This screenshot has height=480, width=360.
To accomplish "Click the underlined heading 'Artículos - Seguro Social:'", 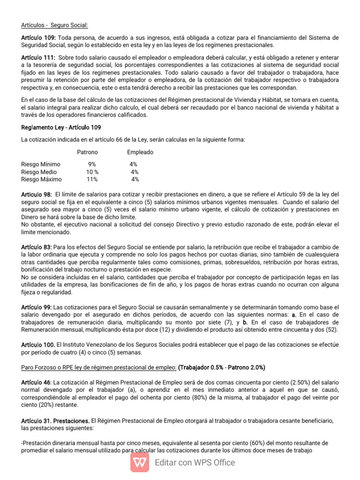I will [54, 25].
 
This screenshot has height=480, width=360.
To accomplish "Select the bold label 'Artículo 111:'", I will [38, 57].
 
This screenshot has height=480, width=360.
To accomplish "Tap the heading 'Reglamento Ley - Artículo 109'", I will [61, 127].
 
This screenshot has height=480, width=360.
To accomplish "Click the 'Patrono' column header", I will [88, 152].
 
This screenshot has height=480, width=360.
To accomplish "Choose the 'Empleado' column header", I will [140, 152].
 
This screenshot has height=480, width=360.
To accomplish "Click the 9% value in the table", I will [92, 164].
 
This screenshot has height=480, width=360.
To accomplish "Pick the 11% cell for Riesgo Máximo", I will [92, 179].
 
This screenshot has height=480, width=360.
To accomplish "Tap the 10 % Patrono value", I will [92, 172].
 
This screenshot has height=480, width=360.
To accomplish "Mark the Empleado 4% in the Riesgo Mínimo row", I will [134, 164].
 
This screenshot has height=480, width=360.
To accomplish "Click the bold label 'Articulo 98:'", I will [37, 194].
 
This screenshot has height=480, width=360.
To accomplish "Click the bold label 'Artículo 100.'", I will [38, 345].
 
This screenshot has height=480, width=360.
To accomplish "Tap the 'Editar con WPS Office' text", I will [195, 463].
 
